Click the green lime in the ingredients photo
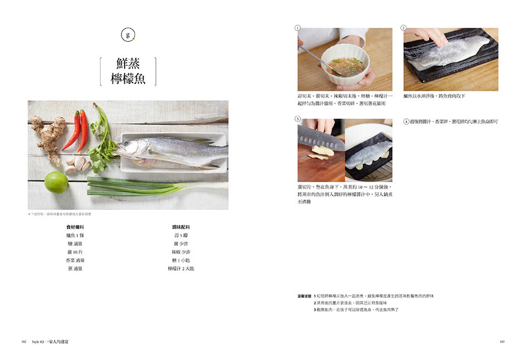(56, 182)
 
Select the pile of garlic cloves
(77, 165)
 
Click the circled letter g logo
(127, 36)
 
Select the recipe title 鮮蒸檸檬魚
(128, 72)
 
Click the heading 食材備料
(75, 227)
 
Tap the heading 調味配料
(180, 227)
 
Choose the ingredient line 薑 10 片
(75, 252)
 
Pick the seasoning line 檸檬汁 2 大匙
(180, 269)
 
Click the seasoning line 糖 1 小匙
(180, 261)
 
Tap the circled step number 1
(298, 27)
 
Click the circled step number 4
(406, 122)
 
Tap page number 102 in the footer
(24, 342)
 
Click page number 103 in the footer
(502, 342)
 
